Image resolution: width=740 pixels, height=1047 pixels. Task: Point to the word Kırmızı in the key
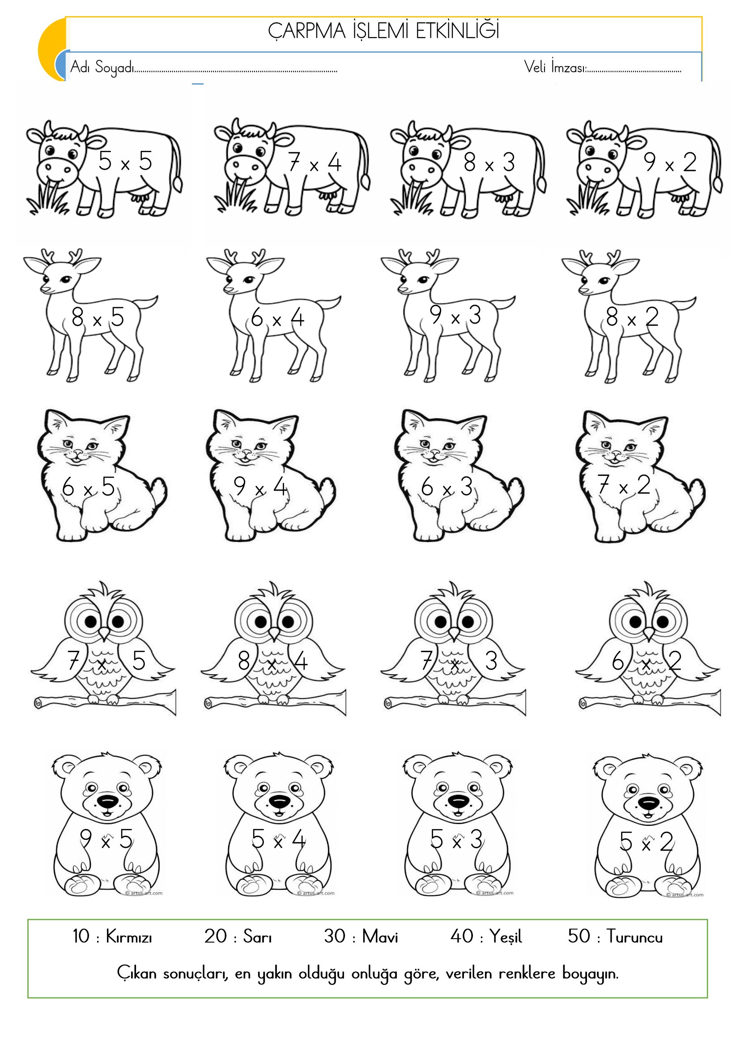(x=129, y=937)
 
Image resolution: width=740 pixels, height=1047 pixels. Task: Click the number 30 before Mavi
(x=335, y=936)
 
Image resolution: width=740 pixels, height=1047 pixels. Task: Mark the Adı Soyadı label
(x=102, y=68)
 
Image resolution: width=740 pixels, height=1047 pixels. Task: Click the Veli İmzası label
(x=554, y=67)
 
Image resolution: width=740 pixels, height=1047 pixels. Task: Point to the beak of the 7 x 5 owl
(x=105, y=633)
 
